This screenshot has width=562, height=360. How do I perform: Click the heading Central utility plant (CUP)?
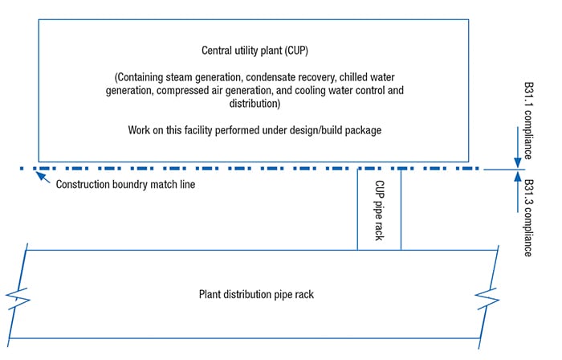[254, 50]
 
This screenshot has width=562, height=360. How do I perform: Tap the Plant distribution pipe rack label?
[256, 294]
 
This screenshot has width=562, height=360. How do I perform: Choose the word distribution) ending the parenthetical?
[254, 104]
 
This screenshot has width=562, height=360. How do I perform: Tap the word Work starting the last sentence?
[140, 129]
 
